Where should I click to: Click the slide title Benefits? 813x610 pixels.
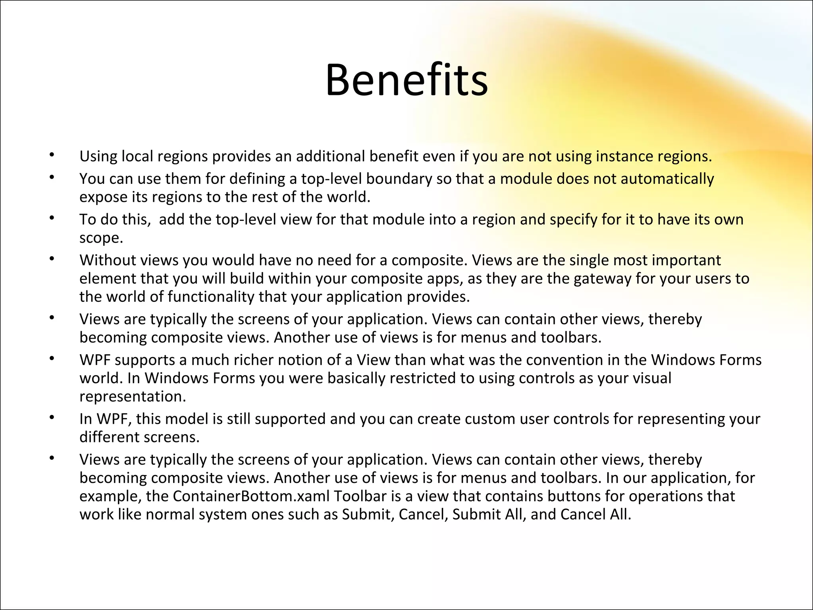(x=406, y=81)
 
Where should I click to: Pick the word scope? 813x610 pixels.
(x=101, y=238)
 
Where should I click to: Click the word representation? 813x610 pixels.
(x=132, y=396)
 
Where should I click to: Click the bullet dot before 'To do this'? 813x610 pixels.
(x=51, y=217)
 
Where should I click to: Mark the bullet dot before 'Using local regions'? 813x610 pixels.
(x=51, y=154)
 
